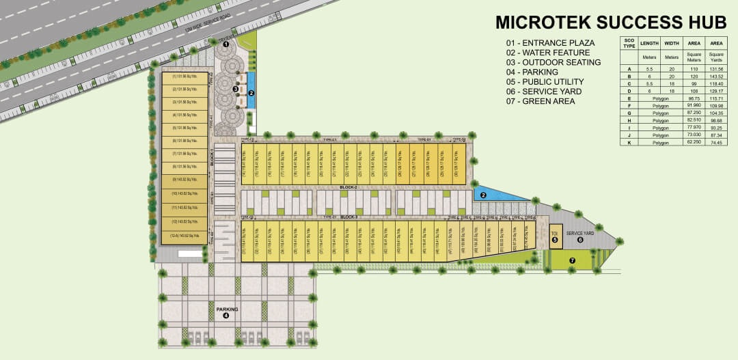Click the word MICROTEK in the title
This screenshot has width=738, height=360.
(x=539, y=22)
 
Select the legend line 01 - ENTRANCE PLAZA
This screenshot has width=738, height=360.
(x=550, y=42)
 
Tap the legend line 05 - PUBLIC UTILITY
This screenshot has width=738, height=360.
(x=550, y=81)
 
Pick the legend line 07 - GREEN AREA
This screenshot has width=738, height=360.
(x=541, y=101)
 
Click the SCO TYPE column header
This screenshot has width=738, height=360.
(x=629, y=43)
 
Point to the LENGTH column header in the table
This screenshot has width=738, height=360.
(x=649, y=43)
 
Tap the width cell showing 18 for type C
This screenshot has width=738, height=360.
(x=671, y=84)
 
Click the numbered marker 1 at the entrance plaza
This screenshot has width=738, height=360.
(x=226, y=44)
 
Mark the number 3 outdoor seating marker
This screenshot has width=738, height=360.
(x=235, y=89)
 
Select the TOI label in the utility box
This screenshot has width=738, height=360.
(x=555, y=233)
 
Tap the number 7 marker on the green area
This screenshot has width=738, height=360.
(x=573, y=260)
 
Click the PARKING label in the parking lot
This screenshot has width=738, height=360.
(x=227, y=309)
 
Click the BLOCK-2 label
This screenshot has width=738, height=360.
(x=349, y=186)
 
